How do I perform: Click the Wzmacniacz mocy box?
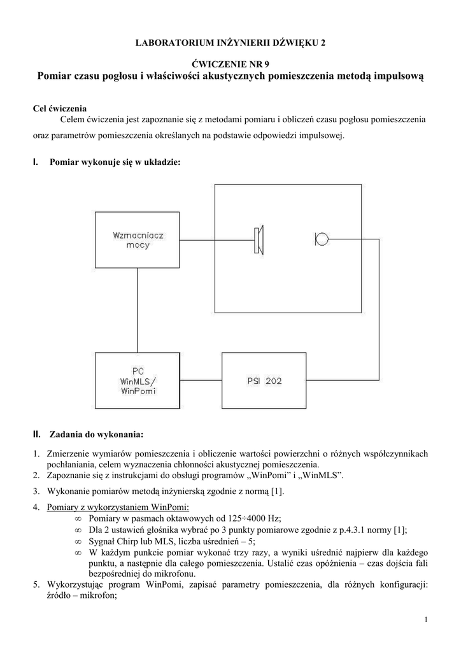[138, 240]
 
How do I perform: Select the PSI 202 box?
[264, 381]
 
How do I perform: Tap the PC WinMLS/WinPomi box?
[138, 381]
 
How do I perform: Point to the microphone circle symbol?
[322, 239]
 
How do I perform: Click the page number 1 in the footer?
[425, 620]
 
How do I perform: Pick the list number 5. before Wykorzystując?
[36, 585]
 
